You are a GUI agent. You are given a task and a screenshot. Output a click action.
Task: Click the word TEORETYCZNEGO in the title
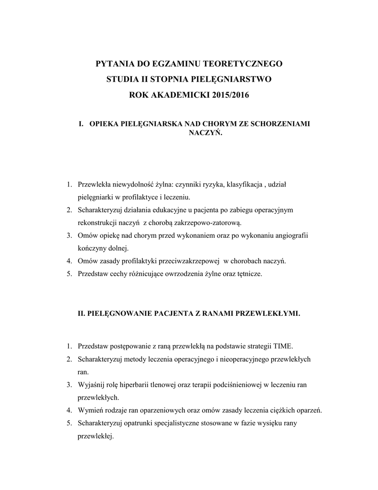[x=242, y=63]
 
